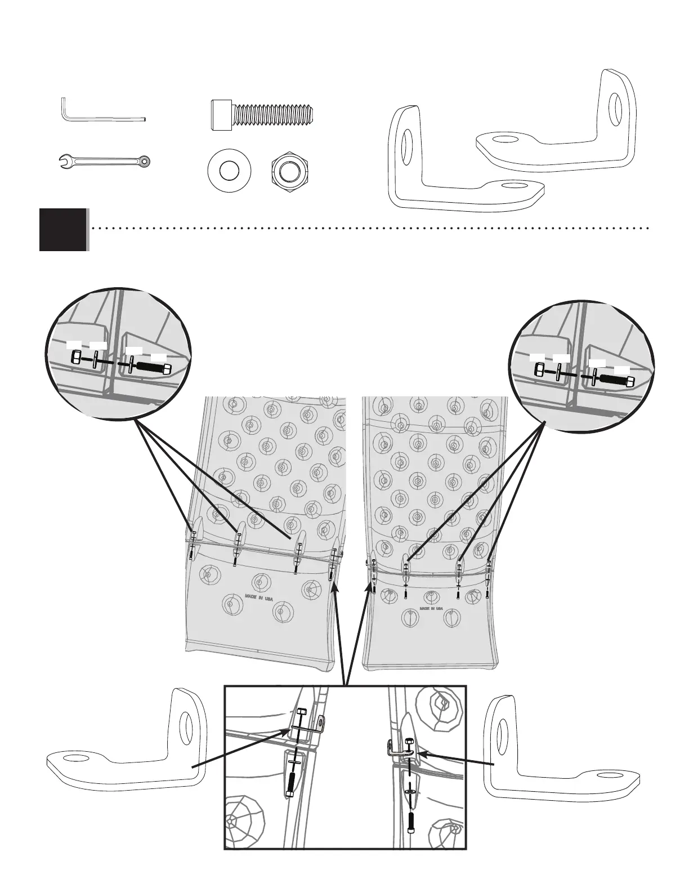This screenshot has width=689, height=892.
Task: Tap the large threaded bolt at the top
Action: [262, 114]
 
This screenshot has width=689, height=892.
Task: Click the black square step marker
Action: [63, 229]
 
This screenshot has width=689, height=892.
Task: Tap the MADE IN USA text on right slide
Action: [431, 609]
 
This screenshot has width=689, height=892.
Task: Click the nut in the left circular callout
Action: [77, 358]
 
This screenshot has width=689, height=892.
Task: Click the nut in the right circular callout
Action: [539, 370]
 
